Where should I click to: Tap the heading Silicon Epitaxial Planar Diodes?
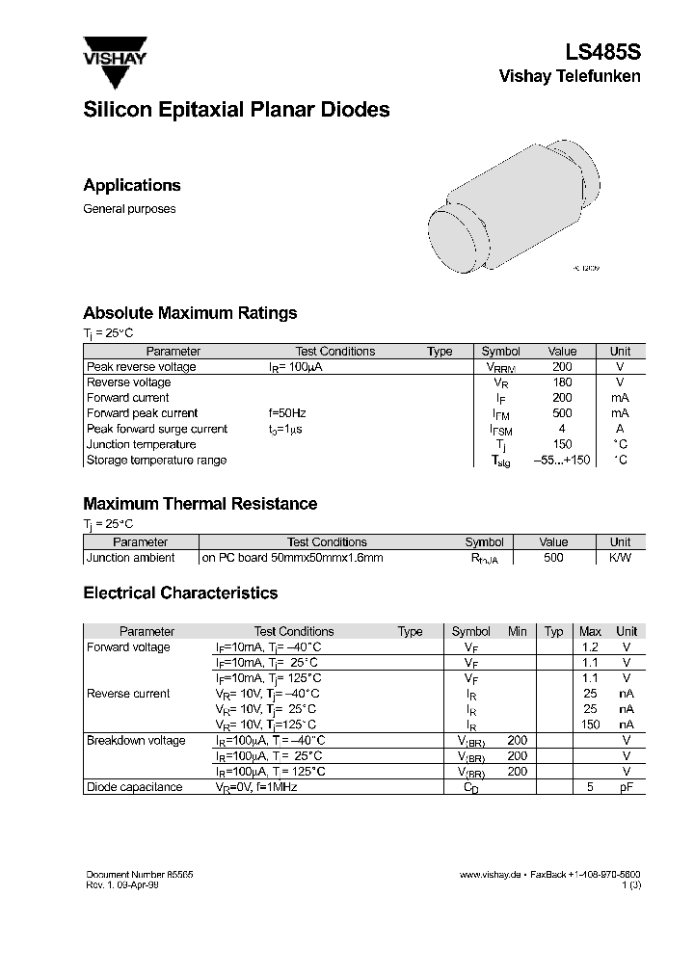click(x=236, y=110)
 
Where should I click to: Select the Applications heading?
click(x=132, y=185)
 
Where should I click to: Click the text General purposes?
click(x=129, y=209)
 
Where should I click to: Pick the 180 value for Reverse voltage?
click(x=562, y=382)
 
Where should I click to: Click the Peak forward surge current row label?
click(x=157, y=429)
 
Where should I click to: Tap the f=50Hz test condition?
click(x=287, y=413)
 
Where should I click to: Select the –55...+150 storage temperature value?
click(x=562, y=461)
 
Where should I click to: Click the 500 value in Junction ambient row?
click(x=553, y=558)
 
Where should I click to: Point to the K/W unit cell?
click(x=620, y=558)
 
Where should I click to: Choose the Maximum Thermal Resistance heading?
click(x=200, y=504)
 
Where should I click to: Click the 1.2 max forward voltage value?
click(x=590, y=647)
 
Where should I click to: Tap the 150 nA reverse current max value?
click(x=590, y=725)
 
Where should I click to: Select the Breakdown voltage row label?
click(x=136, y=740)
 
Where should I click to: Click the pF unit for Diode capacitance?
click(x=627, y=787)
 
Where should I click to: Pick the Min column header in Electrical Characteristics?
click(x=518, y=632)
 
